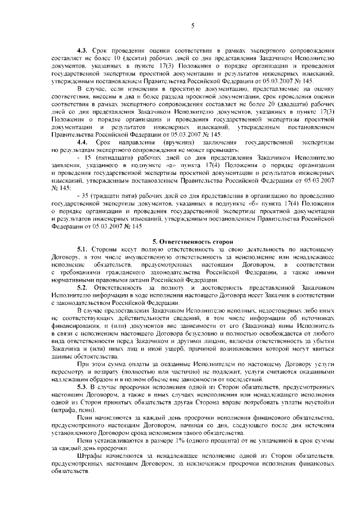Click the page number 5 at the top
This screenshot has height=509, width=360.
tap(192, 25)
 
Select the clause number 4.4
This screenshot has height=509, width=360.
tap(83, 143)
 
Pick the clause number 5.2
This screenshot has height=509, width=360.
tap(83, 287)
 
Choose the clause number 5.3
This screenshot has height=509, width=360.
tap(83, 388)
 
